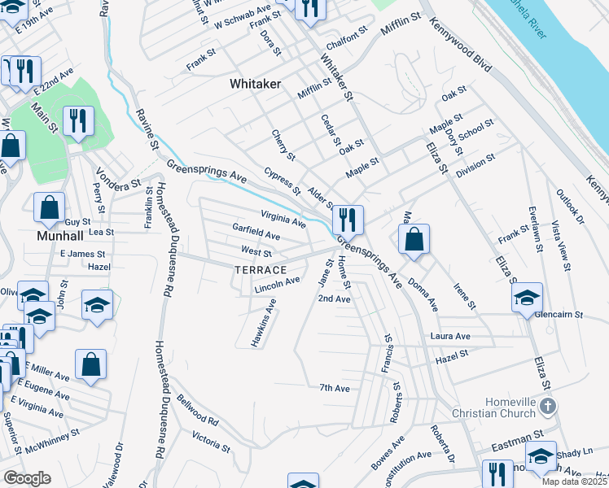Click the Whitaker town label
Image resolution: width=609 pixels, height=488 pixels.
pyautogui.click(x=256, y=84)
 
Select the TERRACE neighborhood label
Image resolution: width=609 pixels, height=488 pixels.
pyautogui.click(x=261, y=270)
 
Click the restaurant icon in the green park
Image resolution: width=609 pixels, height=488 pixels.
pyautogui.click(x=78, y=121)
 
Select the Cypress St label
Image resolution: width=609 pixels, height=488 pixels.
pyautogui.click(x=283, y=181)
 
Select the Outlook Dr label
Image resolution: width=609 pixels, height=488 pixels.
pyautogui.click(x=570, y=207)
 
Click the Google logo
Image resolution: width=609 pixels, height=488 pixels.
pyautogui.click(x=27, y=478)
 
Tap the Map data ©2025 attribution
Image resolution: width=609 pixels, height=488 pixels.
pyautogui.click(x=573, y=481)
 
